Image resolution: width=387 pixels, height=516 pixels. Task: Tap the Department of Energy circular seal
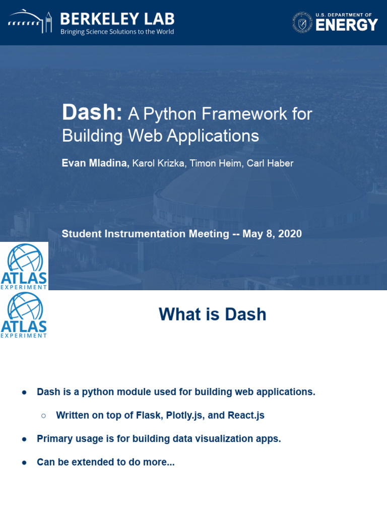(302, 23)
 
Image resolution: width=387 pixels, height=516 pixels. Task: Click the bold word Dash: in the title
(92, 112)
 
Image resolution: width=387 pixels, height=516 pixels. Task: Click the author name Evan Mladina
(95, 163)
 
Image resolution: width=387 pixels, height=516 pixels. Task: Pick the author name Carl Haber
(270, 163)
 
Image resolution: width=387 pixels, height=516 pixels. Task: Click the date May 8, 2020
(272, 234)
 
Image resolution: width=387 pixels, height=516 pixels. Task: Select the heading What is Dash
(212, 314)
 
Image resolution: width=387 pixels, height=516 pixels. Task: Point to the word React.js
(246, 415)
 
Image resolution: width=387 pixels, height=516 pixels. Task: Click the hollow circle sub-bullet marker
(44, 416)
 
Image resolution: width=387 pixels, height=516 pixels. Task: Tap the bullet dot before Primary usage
(24, 439)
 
